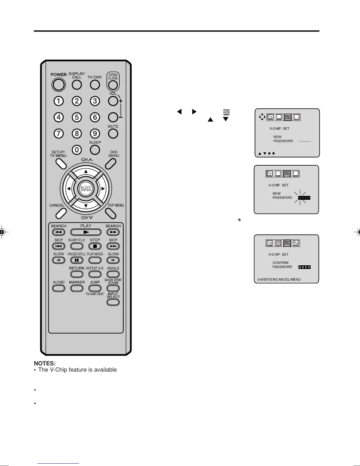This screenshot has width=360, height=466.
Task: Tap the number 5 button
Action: pyautogui.click(x=77, y=117)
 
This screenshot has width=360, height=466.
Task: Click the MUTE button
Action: pyautogui.click(x=113, y=134)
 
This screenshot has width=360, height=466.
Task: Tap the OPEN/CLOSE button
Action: pyautogui.click(x=113, y=85)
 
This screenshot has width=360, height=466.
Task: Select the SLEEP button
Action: pyautogui.click(x=95, y=149)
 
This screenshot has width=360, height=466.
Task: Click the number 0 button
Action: pyautogui.click(x=77, y=150)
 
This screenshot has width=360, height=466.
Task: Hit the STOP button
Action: pyautogui.click(x=95, y=246)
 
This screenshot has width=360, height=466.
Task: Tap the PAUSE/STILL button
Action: pyautogui.click(x=77, y=260)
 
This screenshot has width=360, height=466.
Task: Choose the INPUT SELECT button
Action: pyautogui.click(x=113, y=302)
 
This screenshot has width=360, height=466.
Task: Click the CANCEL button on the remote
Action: pyautogui.click(x=61, y=213)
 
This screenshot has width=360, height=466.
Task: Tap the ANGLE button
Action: pyautogui.click(x=113, y=274)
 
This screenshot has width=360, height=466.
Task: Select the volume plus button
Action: pyautogui.click(x=113, y=101)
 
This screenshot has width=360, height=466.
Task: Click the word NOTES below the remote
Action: pyautogui.click(x=45, y=364)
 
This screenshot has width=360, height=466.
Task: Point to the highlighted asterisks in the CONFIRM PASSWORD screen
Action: pyautogui.click(x=304, y=267)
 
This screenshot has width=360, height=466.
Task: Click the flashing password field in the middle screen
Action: pyautogui.click(x=304, y=198)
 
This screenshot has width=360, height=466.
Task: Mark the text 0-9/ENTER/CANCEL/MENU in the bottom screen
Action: pyautogui.click(x=279, y=279)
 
